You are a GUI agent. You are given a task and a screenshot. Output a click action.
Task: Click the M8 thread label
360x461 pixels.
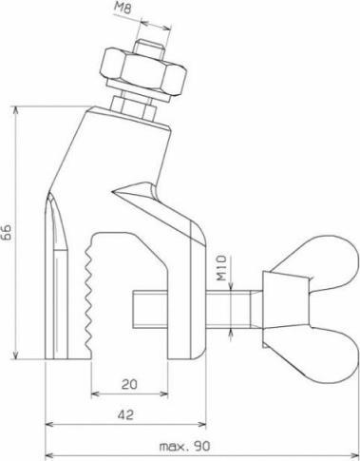coord(150,11)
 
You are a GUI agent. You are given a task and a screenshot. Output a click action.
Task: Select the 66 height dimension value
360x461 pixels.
coord(8,232)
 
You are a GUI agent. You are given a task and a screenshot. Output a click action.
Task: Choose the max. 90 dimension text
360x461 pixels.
coord(187,446)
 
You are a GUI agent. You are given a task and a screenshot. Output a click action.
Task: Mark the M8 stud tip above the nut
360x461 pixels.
coord(150,42)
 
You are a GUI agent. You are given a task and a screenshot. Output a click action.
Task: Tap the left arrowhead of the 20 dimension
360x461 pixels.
coord(93,394)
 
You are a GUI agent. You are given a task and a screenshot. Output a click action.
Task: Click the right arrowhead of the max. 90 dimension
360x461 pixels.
coord(355,455)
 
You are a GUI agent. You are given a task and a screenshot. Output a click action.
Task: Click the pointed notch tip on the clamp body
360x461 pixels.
coord(112,196)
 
